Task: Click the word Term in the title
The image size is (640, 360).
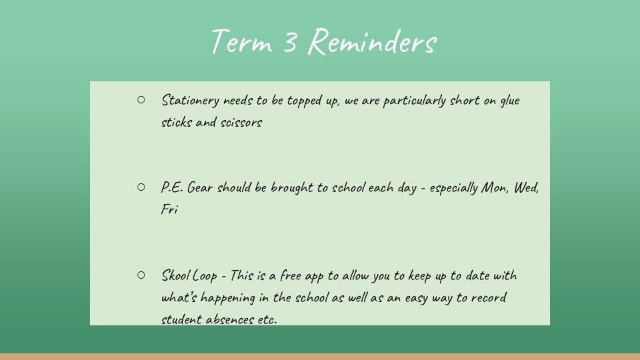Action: click(241, 41)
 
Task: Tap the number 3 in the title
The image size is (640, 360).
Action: click(290, 41)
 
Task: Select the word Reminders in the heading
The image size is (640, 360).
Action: click(372, 41)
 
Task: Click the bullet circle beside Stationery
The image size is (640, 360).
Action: click(141, 99)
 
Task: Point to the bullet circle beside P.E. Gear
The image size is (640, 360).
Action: click(141, 187)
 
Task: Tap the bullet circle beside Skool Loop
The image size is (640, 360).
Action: click(141, 275)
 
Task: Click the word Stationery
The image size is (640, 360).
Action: click(190, 101)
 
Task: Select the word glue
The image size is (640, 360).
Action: click(510, 101)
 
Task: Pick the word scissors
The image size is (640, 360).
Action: click(241, 123)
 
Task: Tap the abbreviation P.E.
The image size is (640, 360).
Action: click(172, 187)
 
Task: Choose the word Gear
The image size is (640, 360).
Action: click(200, 187)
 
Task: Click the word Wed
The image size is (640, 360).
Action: click(526, 188)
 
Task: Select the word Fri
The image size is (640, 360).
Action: click(169, 209)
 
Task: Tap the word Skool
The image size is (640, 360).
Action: click(175, 275)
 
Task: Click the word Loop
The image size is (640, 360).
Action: click(205, 276)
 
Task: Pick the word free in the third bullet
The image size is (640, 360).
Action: click(291, 275)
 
